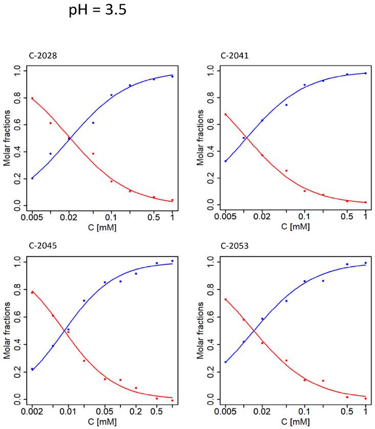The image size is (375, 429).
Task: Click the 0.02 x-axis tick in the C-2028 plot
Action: coord(69,218)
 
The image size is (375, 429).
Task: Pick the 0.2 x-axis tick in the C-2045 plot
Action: coord(136,411)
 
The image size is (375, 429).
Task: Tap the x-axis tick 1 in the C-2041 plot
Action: coord(365,218)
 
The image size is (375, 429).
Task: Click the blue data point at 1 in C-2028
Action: coord(172,76)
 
